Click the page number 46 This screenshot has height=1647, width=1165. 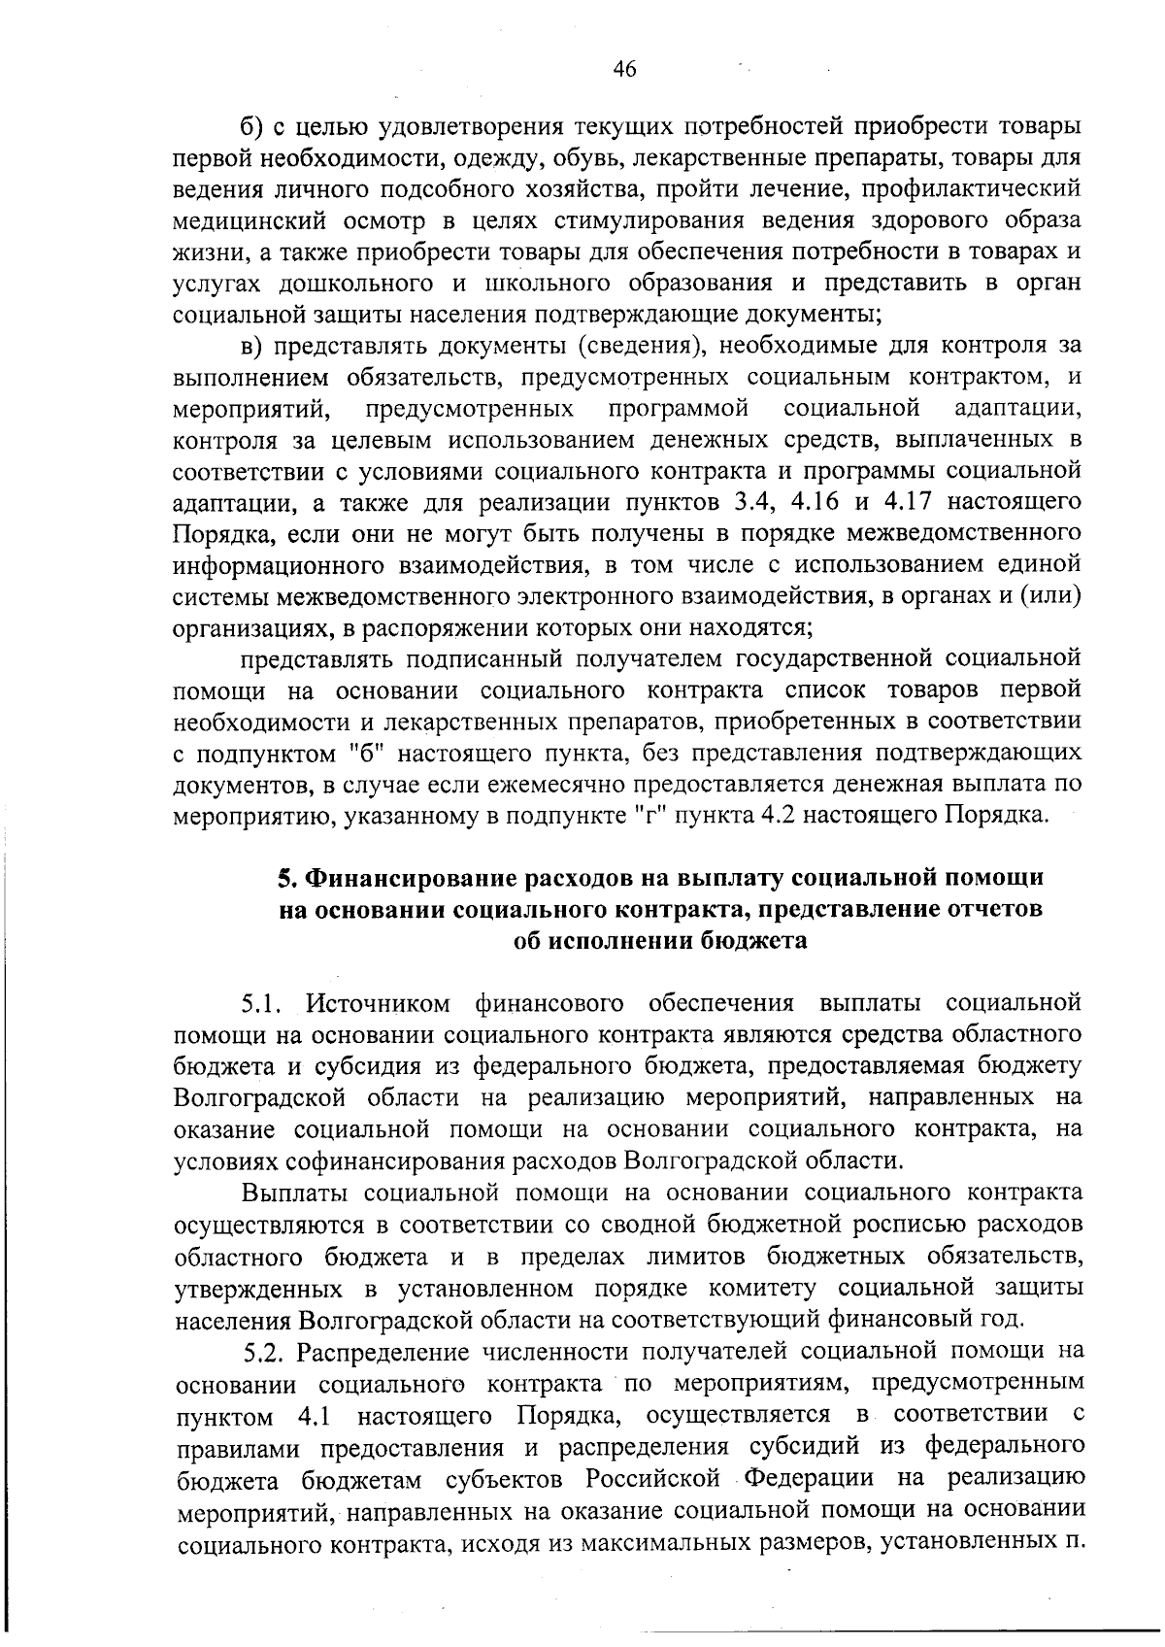point(624,69)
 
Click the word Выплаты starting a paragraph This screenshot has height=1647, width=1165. point(290,1193)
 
